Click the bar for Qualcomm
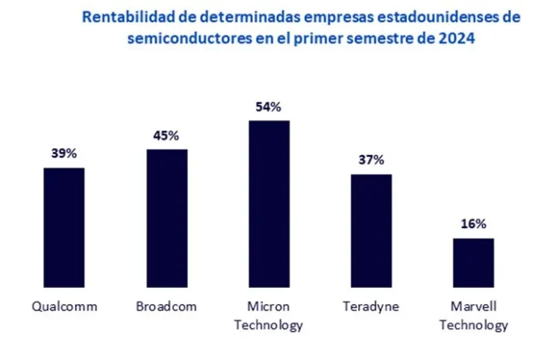64,228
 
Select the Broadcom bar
166,218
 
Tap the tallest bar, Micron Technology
269,205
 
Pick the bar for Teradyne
372,231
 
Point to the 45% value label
166,134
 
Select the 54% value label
269,106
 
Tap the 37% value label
372,159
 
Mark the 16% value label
473,224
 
